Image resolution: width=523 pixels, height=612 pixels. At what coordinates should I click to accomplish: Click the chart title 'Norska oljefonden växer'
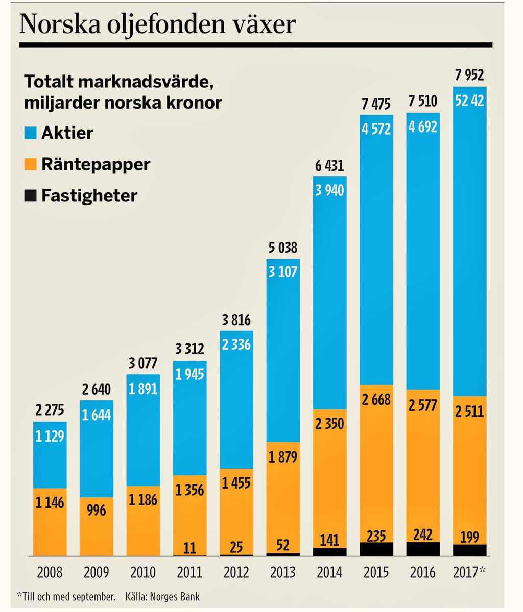click(x=157, y=24)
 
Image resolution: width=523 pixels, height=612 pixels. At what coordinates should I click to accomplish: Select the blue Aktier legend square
click(x=31, y=133)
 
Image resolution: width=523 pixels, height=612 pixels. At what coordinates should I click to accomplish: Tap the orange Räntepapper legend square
click(x=31, y=164)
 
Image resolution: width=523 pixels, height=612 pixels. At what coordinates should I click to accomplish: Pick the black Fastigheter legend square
click(x=31, y=196)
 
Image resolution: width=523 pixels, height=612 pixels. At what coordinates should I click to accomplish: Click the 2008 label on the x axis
click(x=50, y=572)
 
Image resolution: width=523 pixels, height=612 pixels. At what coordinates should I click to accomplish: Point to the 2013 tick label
click(x=282, y=572)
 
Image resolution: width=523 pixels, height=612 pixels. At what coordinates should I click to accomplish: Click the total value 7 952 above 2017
click(x=469, y=76)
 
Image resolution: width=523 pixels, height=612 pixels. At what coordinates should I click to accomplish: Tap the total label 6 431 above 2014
click(x=329, y=166)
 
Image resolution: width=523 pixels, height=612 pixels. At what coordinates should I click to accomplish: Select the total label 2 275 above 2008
click(x=50, y=411)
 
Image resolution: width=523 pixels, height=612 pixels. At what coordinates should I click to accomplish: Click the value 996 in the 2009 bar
click(x=97, y=511)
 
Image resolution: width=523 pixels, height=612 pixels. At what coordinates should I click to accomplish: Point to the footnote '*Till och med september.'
click(x=65, y=595)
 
